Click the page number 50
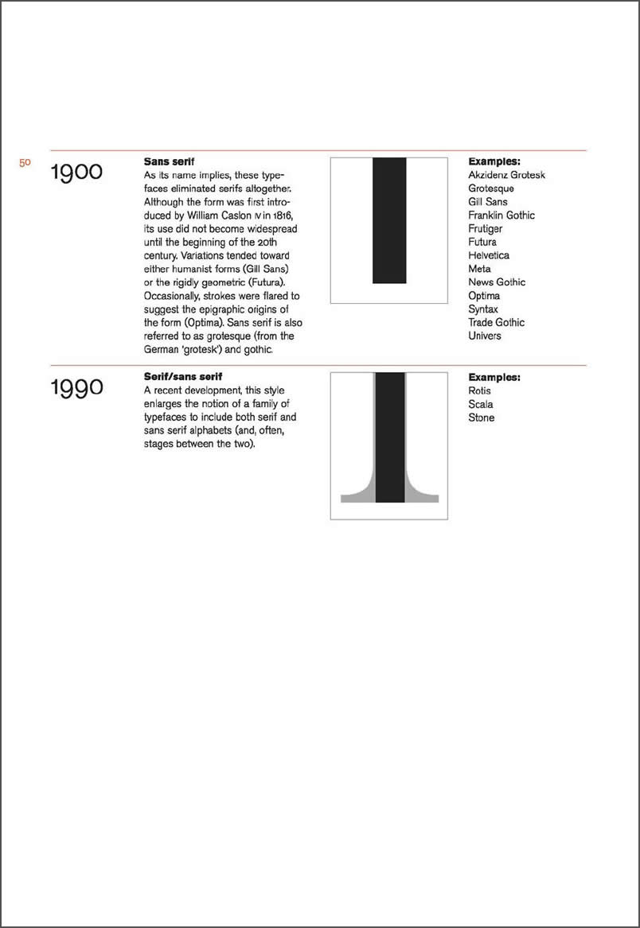[25, 162]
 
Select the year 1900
[76, 172]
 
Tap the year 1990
[76, 388]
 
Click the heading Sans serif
[169, 161]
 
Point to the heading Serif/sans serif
[182, 376]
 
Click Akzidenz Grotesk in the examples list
[506, 175]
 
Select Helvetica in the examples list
[489, 255]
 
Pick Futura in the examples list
[482, 242]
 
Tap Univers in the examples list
[485, 336]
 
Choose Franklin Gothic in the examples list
[501, 215]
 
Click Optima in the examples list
[484, 296]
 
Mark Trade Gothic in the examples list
[496, 322]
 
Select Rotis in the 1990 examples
[480, 390]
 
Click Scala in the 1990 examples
[481, 404]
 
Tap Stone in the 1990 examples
[482, 417]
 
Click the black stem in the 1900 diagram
[389, 220]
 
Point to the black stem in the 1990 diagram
[390, 437]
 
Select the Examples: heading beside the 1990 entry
[494, 377]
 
